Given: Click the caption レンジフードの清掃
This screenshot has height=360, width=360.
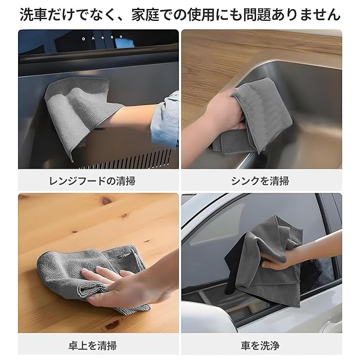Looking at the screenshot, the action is click(92, 181).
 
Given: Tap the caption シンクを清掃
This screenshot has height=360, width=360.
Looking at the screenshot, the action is click(260, 181).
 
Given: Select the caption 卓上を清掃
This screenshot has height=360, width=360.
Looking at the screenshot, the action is click(92, 345).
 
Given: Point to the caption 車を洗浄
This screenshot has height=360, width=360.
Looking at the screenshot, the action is click(260, 345).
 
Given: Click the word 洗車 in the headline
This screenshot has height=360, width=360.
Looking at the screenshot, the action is click(34, 15).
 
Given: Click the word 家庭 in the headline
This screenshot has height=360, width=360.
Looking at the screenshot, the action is click(146, 15).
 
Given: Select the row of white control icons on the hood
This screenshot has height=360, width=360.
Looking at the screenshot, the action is click(102, 38).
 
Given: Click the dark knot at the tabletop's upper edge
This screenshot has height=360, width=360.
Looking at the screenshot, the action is click(106, 201).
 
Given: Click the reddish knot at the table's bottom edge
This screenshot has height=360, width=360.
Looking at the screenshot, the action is click(111, 326).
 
